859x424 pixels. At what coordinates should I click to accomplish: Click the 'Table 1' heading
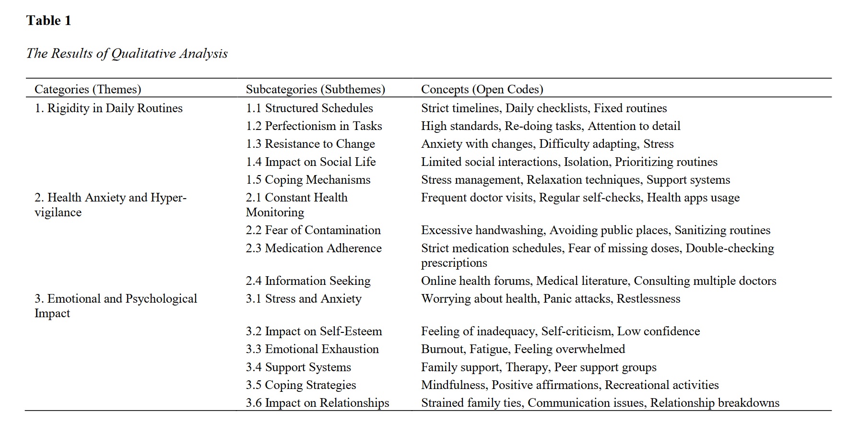tap(48, 21)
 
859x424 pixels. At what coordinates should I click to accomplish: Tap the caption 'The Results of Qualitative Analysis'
tap(127, 53)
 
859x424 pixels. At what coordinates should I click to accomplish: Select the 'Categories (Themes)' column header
tap(88, 89)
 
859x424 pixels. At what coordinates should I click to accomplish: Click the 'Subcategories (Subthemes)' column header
tap(315, 89)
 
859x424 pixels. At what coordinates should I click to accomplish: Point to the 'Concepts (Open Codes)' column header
tap(482, 89)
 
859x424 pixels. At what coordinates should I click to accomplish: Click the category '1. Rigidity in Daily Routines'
tap(108, 108)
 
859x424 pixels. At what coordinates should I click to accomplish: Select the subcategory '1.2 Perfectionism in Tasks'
tap(314, 126)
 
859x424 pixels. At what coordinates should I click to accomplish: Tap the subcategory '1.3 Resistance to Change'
tap(310, 144)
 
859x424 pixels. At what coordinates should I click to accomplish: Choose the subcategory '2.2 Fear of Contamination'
tap(313, 230)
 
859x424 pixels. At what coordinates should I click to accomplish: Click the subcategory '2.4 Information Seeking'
tap(308, 281)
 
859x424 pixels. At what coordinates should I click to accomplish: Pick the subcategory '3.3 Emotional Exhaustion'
tap(312, 349)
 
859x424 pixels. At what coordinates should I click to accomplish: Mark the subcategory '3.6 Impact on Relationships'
tap(317, 403)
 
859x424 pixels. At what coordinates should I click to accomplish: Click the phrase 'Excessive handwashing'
tap(482, 230)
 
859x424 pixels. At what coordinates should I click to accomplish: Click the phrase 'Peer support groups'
tap(605, 367)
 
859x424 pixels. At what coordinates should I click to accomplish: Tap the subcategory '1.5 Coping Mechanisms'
tap(308, 180)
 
